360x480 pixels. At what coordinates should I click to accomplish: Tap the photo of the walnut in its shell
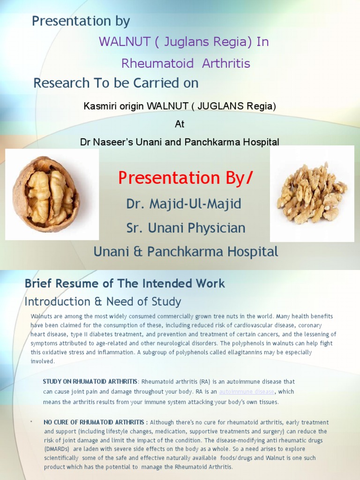(x=47, y=194)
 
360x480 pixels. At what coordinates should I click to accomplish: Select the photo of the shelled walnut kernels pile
(x=312, y=193)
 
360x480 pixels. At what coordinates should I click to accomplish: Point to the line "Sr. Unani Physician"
(x=186, y=228)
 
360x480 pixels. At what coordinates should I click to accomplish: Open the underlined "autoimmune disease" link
(x=247, y=391)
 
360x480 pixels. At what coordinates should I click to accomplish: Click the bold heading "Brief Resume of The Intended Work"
(x=125, y=284)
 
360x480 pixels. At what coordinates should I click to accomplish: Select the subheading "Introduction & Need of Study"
(x=103, y=301)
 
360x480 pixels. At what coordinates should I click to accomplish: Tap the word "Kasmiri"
(x=98, y=106)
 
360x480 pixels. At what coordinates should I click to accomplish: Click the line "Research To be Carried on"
(x=116, y=83)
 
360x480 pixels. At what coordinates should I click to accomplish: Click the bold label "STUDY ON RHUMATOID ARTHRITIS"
(x=90, y=382)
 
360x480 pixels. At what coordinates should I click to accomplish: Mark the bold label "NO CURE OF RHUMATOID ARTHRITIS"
(x=96, y=422)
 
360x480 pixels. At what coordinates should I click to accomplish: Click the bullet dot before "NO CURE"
(x=31, y=422)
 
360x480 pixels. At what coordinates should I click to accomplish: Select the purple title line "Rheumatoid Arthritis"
(x=186, y=63)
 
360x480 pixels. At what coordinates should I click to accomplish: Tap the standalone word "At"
(x=180, y=124)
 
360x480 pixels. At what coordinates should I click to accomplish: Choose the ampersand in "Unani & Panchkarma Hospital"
(x=137, y=252)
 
